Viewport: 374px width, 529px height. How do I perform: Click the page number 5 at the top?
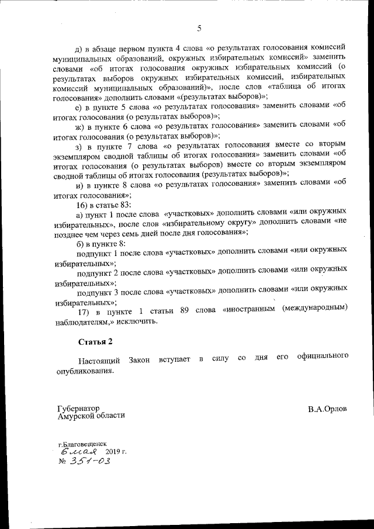199,28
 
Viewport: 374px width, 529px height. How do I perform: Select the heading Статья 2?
95,340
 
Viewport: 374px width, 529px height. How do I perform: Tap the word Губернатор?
78,408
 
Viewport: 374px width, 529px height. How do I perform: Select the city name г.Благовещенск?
82,444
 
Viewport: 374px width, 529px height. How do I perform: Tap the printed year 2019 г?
116,452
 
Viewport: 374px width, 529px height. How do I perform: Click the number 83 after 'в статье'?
126,205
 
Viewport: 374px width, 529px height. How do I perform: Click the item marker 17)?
84,307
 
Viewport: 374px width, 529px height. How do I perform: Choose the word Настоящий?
97,356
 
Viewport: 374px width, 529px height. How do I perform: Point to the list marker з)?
82,144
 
